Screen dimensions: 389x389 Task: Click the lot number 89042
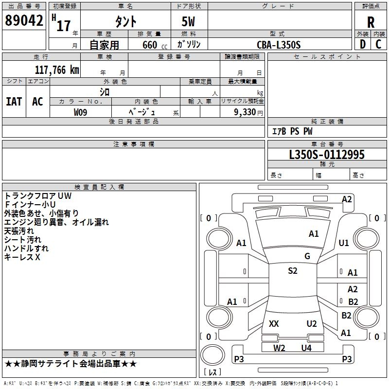tap(24, 20)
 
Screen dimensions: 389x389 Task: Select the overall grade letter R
tap(371, 22)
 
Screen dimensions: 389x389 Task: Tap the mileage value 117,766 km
tap(57, 70)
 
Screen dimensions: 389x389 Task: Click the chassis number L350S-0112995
tap(327, 155)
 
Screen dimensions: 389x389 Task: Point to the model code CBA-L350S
tap(279, 45)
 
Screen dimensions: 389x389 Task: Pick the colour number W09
tap(80, 112)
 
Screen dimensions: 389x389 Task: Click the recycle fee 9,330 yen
tap(248, 112)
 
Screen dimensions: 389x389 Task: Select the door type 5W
tap(188, 21)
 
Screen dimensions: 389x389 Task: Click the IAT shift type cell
tap(14, 102)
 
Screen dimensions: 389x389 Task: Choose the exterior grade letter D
tap(363, 44)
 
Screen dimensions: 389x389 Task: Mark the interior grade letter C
tap(378, 44)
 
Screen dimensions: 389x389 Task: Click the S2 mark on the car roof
tap(293, 271)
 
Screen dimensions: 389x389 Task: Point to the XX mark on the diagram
tap(274, 324)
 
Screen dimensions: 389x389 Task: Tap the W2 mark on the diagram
tap(279, 348)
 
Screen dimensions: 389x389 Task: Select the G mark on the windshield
tap(307, 256)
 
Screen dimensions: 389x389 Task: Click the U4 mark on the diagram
tap(306, 348)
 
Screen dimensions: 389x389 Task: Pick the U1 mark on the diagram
tap(344, 243)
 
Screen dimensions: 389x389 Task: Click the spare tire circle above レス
tap(212, 355)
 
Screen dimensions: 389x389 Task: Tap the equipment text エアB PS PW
tap(292, 131)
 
